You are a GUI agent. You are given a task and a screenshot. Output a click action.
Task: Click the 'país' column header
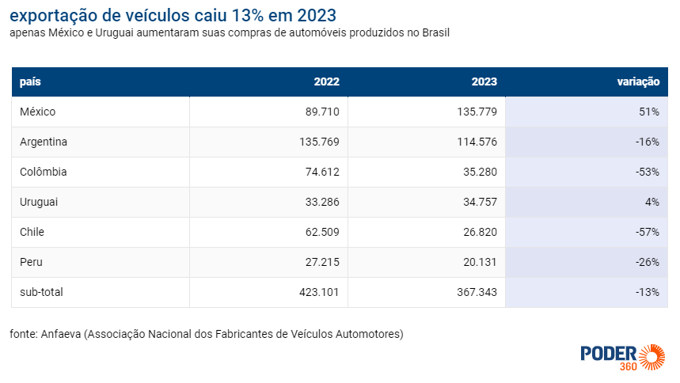point(30,82)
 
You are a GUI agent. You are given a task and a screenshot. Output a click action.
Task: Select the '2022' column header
point(327,82)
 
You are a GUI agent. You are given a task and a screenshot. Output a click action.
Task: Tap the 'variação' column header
point(638,82)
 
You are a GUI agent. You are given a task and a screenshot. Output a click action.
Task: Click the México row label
point(38,112)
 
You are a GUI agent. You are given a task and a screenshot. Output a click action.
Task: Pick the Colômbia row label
point(44,172)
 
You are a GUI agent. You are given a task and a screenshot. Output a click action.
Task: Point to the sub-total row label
point(41,292)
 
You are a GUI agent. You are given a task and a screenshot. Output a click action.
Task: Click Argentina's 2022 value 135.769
point(319,142)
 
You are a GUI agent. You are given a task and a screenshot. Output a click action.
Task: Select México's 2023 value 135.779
point(477,112)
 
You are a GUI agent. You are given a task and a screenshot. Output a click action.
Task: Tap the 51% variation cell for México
point(649,112)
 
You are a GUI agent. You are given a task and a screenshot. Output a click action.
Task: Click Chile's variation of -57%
point(648,232)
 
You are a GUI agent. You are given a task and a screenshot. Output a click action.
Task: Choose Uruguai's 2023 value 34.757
point(480,202)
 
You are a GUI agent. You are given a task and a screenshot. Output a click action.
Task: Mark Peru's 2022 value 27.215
point(322,262)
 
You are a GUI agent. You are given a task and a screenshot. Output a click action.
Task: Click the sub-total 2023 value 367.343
point(477,292)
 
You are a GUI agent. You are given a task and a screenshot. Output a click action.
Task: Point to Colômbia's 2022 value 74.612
point(322,172)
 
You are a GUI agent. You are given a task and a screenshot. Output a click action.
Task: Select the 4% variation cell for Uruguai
point(652,202)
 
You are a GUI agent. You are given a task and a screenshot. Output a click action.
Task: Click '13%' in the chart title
point(247,16)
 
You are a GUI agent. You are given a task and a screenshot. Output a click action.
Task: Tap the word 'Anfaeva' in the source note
point(61,334)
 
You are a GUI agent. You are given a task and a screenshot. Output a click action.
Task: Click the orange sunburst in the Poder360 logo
point(652,358)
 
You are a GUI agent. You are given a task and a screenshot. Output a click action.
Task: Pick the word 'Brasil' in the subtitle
point(436,33)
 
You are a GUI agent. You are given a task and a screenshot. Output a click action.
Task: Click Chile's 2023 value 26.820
point(480,232)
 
